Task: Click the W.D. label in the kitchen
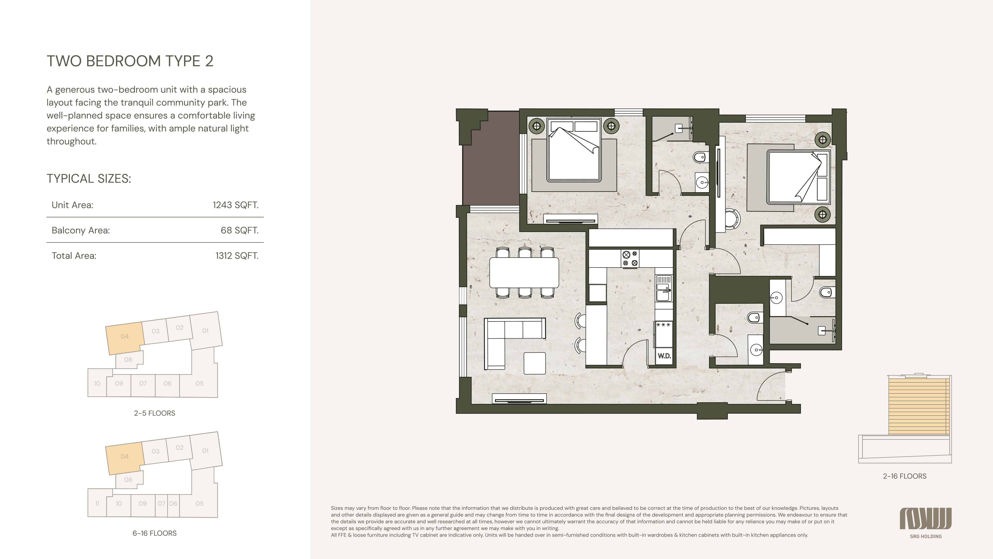664,356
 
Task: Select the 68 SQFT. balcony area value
239,230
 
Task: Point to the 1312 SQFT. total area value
237,256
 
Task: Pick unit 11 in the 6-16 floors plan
97,503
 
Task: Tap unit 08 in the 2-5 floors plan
128,359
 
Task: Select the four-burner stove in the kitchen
630,259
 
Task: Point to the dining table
524,273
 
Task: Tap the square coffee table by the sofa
535,363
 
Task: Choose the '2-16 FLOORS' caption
905,476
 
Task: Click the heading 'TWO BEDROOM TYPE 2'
130,61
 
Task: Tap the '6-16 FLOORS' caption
155,533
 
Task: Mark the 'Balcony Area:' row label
81,230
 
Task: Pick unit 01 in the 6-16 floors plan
205,451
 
